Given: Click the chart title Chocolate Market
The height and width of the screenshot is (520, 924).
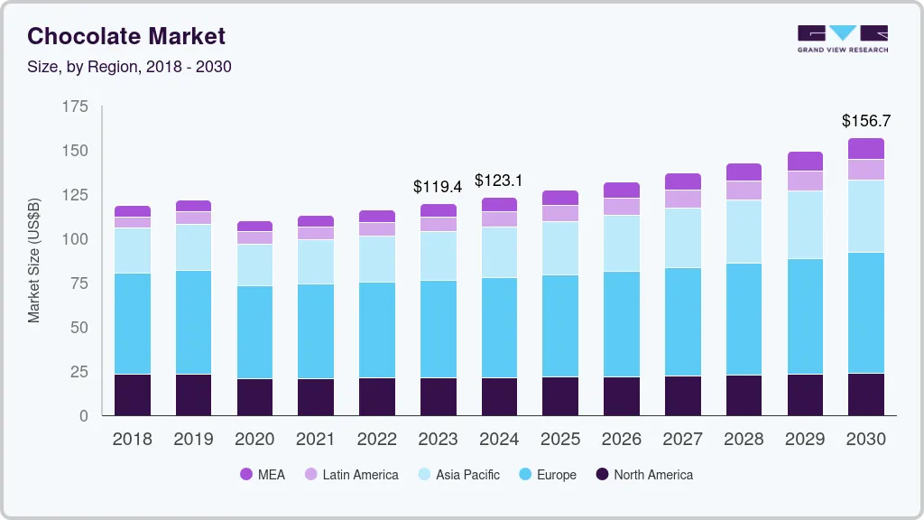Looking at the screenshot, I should click(x=126, y=37).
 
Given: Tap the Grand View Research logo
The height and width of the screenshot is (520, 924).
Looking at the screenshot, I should click(x=842, y=39).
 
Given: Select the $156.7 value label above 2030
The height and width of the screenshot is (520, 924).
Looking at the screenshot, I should click(x=866, y=121).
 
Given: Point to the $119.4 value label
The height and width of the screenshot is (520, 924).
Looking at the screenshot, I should click(x=438, y=187).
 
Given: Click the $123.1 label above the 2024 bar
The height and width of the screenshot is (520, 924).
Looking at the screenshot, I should click(x=499, y=181).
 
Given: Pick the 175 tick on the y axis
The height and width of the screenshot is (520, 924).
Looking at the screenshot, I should click(x=76, y=107).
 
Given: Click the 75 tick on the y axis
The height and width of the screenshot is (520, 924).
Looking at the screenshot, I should click(x=79, y=283).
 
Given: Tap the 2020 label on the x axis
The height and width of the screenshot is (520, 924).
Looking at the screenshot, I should click(x=254, y=440).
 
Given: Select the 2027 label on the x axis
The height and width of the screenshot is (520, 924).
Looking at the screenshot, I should click(x=683, y=440).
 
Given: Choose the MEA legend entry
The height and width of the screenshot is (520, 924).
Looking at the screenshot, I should click(x=263, y=475).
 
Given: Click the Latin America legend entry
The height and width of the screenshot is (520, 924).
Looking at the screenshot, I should click(x=351, y=475).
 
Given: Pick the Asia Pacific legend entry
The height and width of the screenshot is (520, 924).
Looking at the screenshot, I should click(x=458, y=475).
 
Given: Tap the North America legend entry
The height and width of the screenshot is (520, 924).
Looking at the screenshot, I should click(x=644, y=475).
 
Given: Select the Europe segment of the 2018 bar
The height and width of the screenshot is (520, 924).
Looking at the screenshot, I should click(x=133, y=323).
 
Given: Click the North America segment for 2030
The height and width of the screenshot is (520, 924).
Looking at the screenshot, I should click(x=866, y=395).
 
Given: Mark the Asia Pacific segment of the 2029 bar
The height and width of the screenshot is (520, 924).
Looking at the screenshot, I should click(x=805, y=225).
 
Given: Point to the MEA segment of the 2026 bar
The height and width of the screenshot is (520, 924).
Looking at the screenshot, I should click(x=622, y=190).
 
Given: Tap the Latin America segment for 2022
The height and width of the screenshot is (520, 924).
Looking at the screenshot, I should click(x=376, y=229).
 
